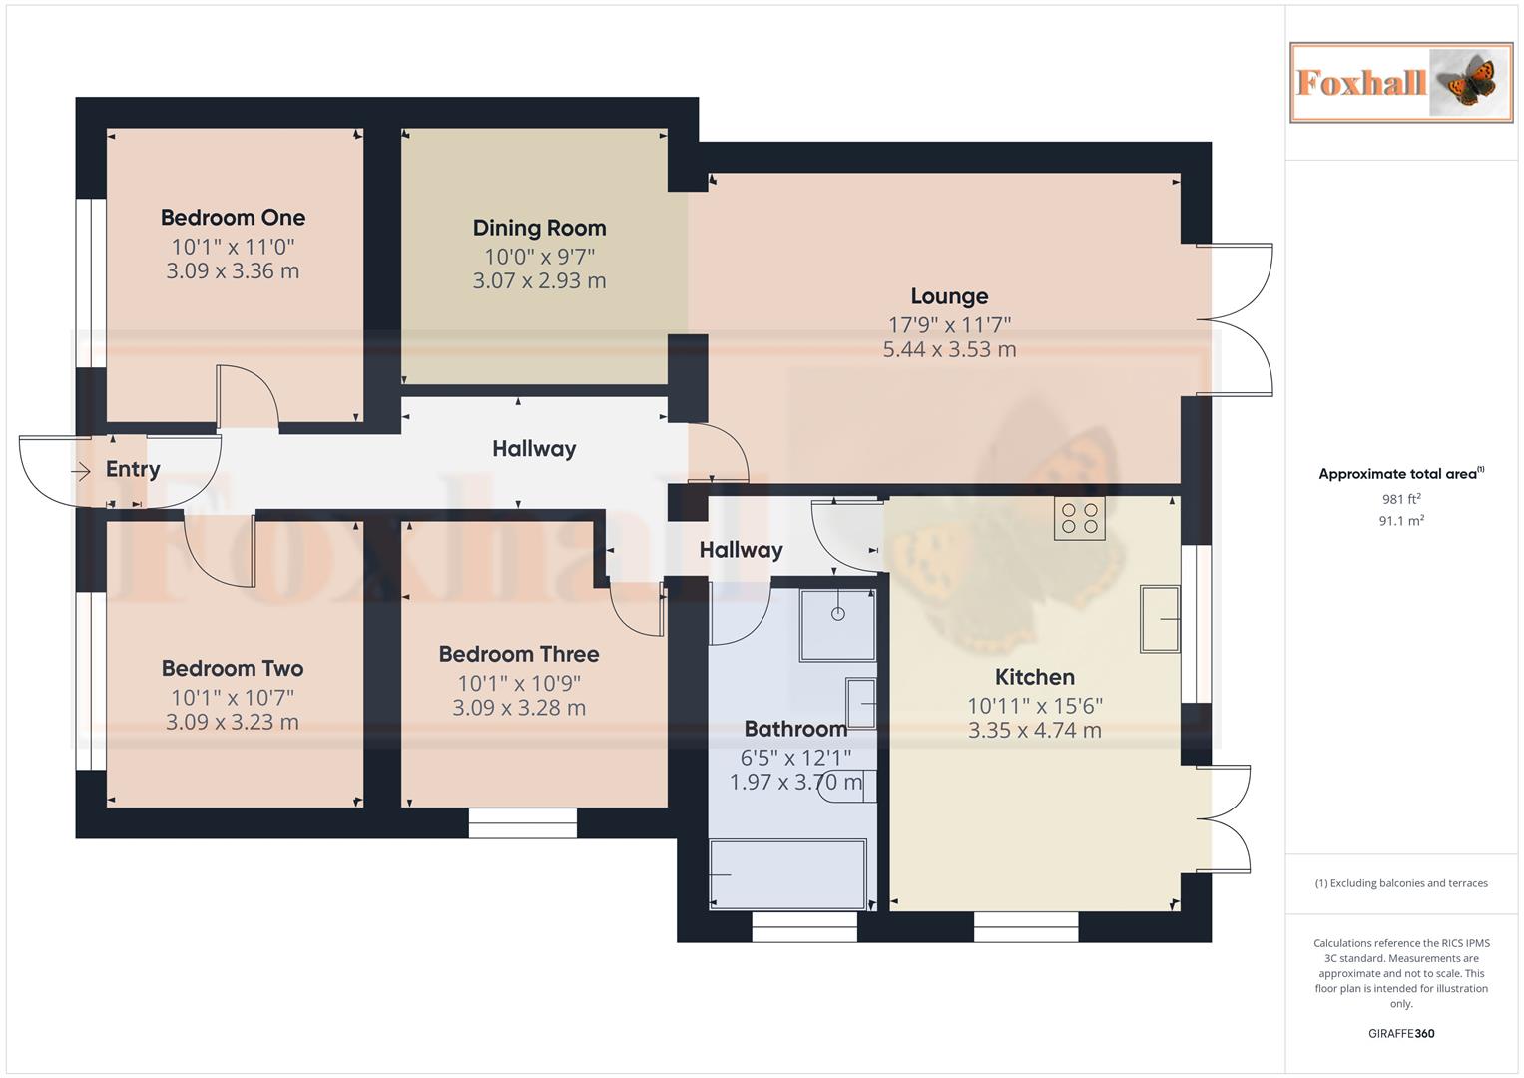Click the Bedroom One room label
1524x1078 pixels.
pos(233,218)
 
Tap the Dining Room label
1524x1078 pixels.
pos(539,228)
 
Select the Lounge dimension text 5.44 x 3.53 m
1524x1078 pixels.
pos(949,350)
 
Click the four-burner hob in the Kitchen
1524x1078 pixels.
pos(1079,518)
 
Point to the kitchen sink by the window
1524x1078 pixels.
pos(1160,619)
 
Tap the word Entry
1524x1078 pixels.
pos(133,469)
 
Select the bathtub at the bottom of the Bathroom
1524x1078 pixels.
pos(787,874)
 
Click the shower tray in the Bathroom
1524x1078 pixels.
pos(837,625)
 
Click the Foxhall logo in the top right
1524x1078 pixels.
pos(1400,82)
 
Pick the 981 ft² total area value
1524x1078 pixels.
pos(1400,499)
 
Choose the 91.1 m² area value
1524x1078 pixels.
pos(1400,521)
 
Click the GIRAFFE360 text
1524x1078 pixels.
pos(1400,1034)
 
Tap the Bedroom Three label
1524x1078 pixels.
pos(519,655)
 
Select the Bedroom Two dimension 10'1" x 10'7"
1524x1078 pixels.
pos(233,698)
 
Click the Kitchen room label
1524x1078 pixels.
pos(1034,677)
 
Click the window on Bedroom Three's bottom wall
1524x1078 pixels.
pos(523,823)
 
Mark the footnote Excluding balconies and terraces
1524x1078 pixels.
pos(1400,883)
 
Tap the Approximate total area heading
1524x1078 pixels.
pos(1400,474)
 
